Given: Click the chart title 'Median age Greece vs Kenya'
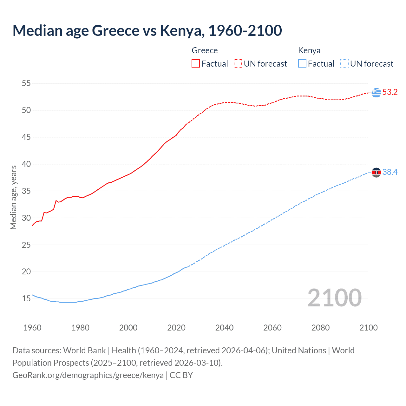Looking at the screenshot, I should pyautogui.click(x=147, y=30).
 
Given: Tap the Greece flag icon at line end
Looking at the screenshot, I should pyautogui.click(x=376, y=92).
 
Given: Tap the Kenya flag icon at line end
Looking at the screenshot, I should pyautogui.click(x=376, y=172).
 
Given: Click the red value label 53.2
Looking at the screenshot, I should pyautogui.click(x=390, y=92).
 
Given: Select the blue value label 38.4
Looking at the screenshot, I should pyautogui.click(x=390, y=172).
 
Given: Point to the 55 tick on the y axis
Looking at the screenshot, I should pyautogui.click(x=26, y=83).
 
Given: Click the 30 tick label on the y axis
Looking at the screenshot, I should pyautogui.click(x=26, y=218).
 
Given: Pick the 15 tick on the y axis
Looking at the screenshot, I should pyautogui.click(x=26, y=298).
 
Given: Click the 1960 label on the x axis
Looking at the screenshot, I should pyautogui.click(x=32, y=328).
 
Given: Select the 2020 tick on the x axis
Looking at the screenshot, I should pyautogui.click(x=176, y=328).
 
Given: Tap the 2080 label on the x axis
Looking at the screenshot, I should pyautogui.click(x=320, y=328).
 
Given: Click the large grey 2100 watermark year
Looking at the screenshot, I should pyautogui.click(x=334, y=298).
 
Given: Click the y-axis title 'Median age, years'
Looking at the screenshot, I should pyautogui.click(x=13, y=197).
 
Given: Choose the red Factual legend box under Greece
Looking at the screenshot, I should pyautogui.click(x=196, y=64).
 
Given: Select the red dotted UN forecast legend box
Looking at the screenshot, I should pyautogui.click(x=238, y=64).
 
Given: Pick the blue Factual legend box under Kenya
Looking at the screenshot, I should pyautogui.click(x=302, y=64).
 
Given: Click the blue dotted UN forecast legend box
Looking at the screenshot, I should pyautogui.click(x=344, y=64).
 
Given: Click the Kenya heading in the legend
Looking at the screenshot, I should pyautogui.click(x=309, y=50).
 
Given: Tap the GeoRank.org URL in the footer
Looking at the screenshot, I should pyautogui.click(x=88, y=375).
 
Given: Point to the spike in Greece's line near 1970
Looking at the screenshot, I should pyautogui.click(x=56, y=200).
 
